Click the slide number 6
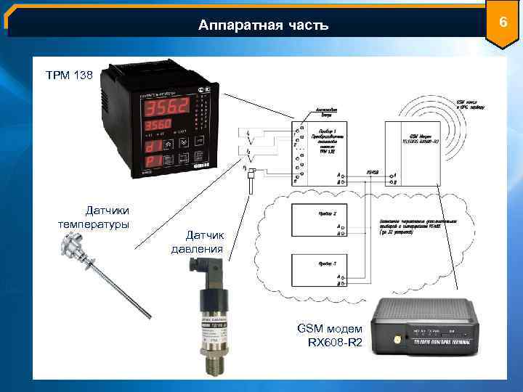pos(501,24)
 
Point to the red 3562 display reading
pos(167,109)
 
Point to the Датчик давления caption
pos(198,242)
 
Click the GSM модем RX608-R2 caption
pos(330,335)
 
